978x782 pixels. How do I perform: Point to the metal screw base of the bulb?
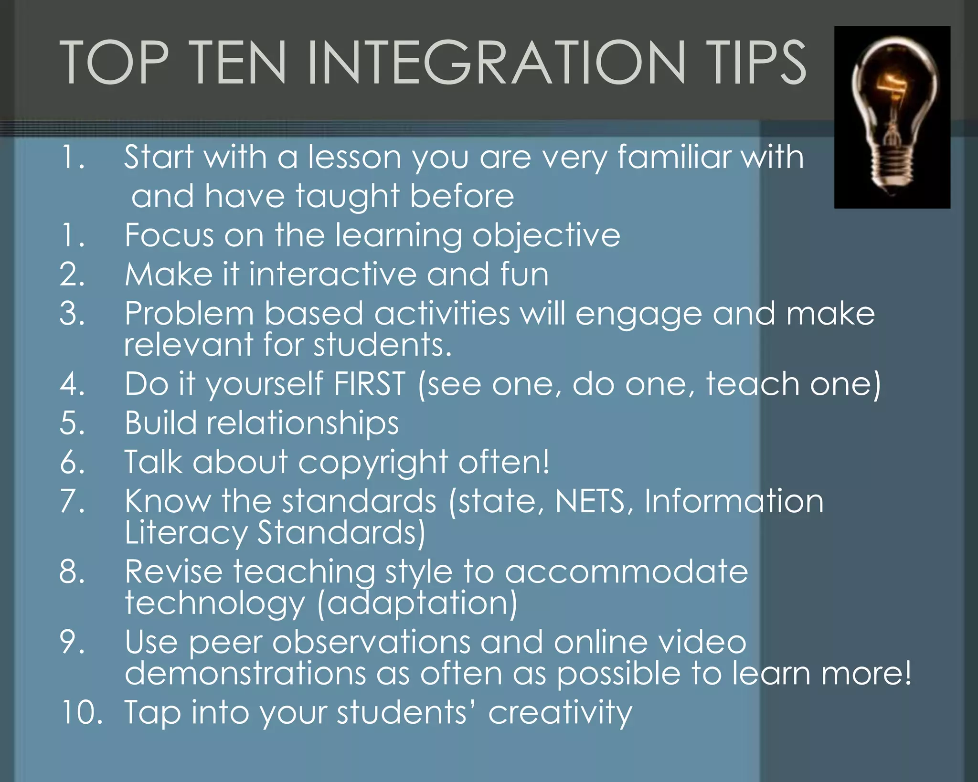892,165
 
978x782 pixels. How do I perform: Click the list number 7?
73,501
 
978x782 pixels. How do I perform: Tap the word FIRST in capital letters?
370,384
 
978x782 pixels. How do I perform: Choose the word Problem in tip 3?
189,314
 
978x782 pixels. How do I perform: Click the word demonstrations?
245,673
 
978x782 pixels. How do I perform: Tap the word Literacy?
186,533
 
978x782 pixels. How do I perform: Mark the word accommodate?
626,571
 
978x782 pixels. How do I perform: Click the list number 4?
73,384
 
